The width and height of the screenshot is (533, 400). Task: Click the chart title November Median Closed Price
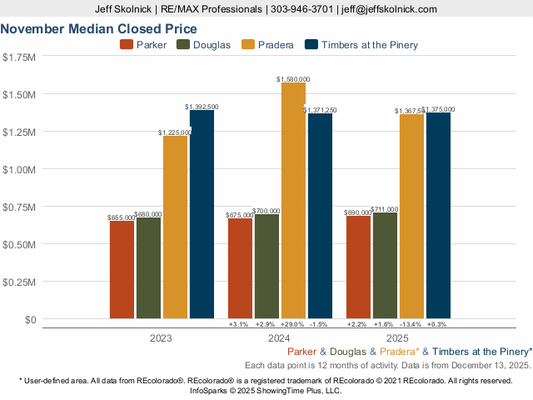pos(92,28)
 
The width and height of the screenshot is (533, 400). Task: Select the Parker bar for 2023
pos(122,268)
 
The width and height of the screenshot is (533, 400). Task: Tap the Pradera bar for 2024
pos(293,200)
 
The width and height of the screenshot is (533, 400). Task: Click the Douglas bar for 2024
pos(266,266)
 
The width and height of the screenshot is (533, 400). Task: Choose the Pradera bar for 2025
pos(411,216)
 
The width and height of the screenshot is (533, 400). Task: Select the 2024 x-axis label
pos(280,339)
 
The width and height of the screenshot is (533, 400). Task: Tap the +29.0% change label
pos(293,324)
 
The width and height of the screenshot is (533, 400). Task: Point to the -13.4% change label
pos(411,324)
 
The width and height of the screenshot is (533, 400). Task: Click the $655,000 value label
pos(122,217)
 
